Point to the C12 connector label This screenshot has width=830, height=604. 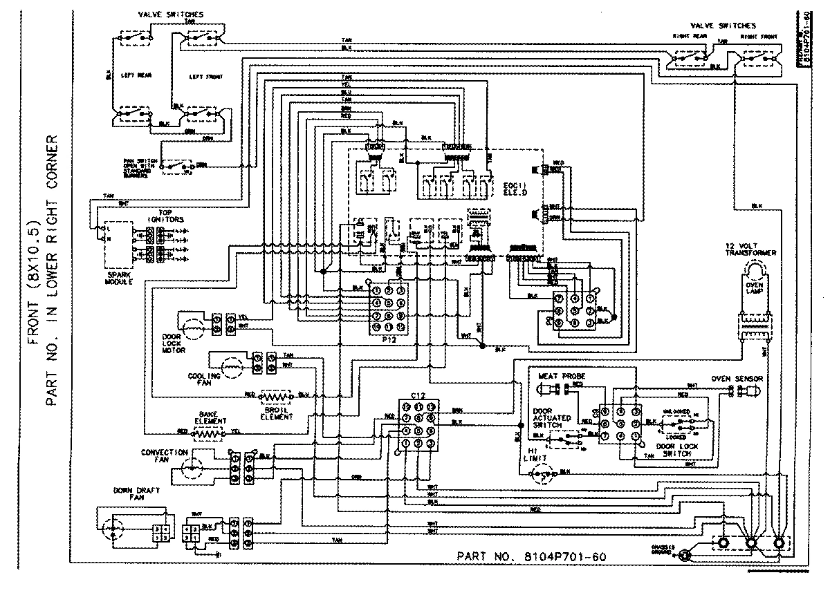pyautogui.click(x=417, y=394)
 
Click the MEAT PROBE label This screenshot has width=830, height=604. pyautogui.click(x=556, y=377)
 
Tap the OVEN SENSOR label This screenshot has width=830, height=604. pyautogui.click(x=737, y=379)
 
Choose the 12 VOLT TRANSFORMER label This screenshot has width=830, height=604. pyautogui.click(x=750, y=249)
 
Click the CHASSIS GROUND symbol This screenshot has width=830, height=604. pyautogui.click(x=685, y=554)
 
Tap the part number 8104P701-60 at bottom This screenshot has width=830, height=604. pyautogui.click(x=533, y=556)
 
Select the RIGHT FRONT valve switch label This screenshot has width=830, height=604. pyautogui.click(x=757, y=35)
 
